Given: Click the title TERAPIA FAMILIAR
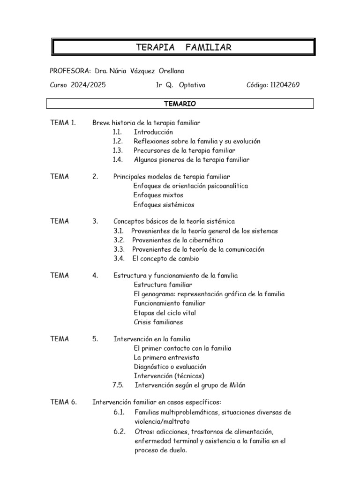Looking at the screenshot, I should click(x=183, y=47).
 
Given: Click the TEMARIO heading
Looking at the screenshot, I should click(x=180, y=104).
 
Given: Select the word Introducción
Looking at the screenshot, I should click(x=153, y=132).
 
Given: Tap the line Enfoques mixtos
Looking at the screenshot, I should click(x=158, y=195).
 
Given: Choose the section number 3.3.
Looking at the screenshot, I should click(x=118, y=249).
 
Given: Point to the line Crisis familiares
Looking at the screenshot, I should click(x=158, y=322).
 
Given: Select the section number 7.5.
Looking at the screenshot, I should click(x=118, y=385).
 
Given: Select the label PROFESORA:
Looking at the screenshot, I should click(x=70, y=71).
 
